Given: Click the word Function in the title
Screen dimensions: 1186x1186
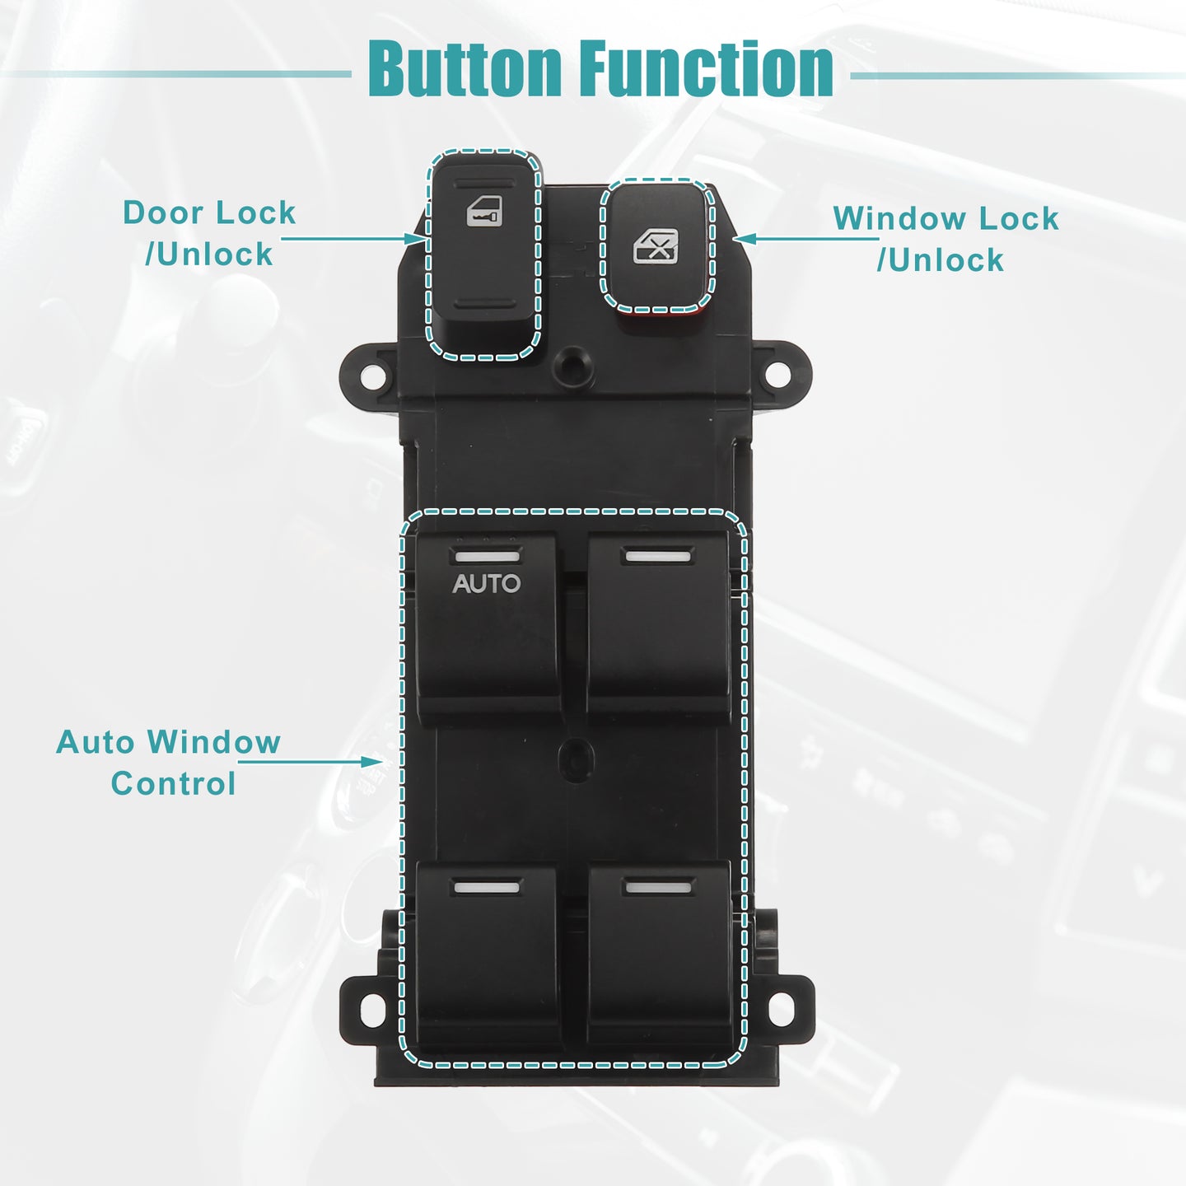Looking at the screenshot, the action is (707, 68).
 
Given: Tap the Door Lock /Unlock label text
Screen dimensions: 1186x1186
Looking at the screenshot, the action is (209, 233).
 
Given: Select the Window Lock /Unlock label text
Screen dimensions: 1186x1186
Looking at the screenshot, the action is (946, 239).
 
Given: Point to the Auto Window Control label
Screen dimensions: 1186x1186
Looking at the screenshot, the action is (168, 763).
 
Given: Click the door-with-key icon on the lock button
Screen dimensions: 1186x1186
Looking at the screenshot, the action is (484, 212).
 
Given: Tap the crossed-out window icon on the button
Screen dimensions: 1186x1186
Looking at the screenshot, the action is (656, 246).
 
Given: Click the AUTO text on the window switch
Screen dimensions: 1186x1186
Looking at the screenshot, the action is (486, 583).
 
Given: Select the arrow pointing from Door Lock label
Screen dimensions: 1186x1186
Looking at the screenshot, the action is (353, 239).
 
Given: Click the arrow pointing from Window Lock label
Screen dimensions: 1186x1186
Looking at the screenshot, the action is (806, 239).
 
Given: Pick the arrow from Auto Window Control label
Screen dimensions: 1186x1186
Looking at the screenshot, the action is (311, 762).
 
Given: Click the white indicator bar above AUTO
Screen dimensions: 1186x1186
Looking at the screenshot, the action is (488, 557).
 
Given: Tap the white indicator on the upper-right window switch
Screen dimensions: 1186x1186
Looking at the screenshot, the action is (659, 557).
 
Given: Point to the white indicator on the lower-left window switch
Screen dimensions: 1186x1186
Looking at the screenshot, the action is (487, 888).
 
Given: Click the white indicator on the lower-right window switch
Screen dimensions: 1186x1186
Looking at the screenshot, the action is (659, 888).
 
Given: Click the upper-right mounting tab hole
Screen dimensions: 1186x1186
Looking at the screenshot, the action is (778, 374).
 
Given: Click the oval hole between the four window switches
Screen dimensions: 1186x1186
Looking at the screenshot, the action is (577, 761).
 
